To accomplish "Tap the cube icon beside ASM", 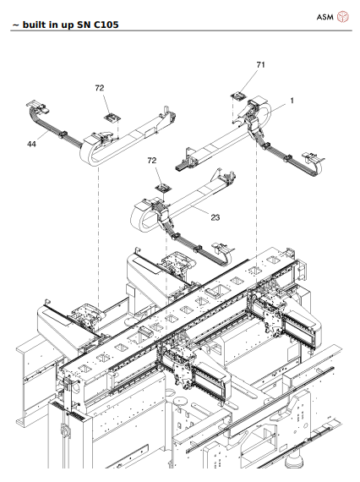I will click(343, 16).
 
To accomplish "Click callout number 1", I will click(291, 100).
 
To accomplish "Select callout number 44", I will click(31, 145).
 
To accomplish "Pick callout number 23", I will click(215, 217).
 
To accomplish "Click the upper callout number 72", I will click(99, 88).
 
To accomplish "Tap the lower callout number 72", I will click(152, 160).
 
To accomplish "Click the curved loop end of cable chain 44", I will click(88, 152).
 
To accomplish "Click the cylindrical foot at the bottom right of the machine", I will click(297, 463).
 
